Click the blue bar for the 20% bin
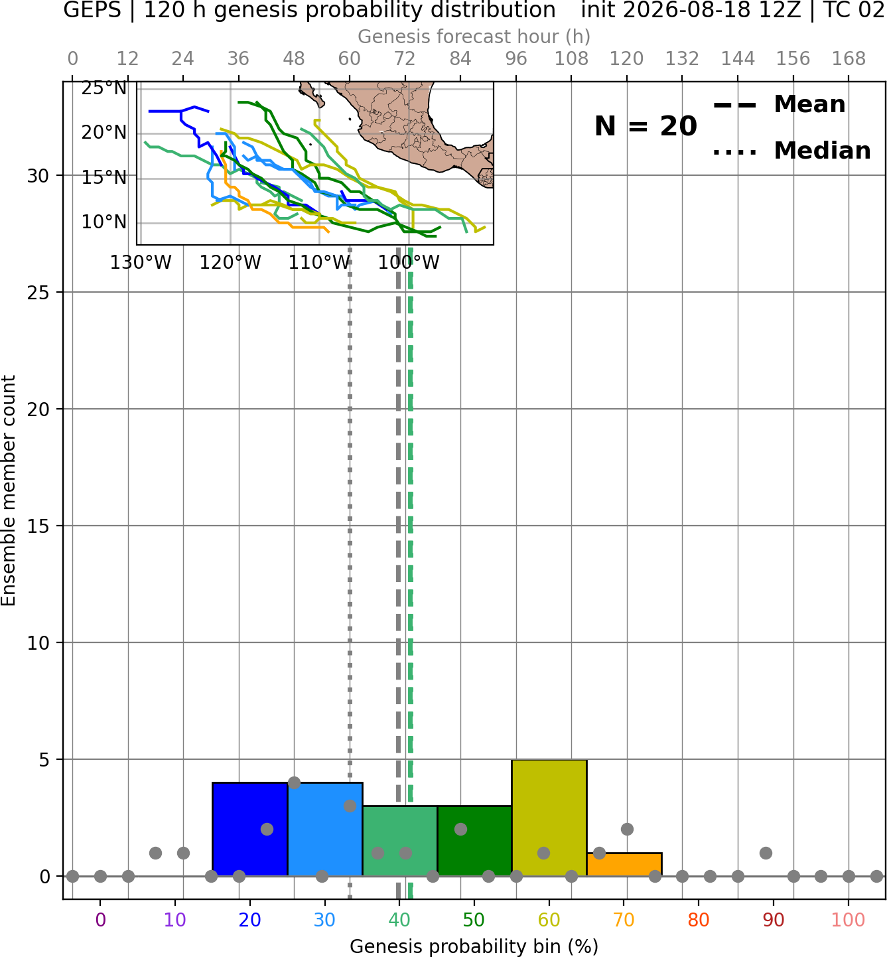pyautogui.click(x=250, y=829)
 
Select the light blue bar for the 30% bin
pyautogui.click(x=325, y=829)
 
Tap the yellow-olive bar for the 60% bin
pyautogui.click(x=549, y=818)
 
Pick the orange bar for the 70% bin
pyautogui.click(x=624, y=865)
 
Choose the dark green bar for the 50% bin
pyautogui.click(x=474, y=841)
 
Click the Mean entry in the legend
pyautogui.click(x=779, y=105)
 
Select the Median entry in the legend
pyautogui.click(x=791, y=151)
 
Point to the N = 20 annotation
pyautogui.click(x=646, y=126)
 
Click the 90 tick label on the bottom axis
pyautogui.click(x=774, y=920)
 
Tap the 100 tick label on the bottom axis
pyautogui.click(x=849, y=920)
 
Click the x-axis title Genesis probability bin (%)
pyautogui.click(x=474, y=946)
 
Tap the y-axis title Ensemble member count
pyautogui.click(x=8, y=490)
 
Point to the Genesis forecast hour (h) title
pyautogui.click(x=474, y=37)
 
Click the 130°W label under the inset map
pyautogui.click(x=141, y=263)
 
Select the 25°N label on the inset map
pyautogui.click(x=104, y=88)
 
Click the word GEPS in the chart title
pyautogui.click(x=92, y=10)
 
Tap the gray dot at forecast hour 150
pyautogui.click(x=766, y=853)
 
